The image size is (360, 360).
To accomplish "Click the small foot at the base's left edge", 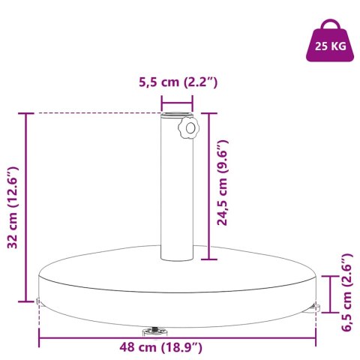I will pos(37,302).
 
